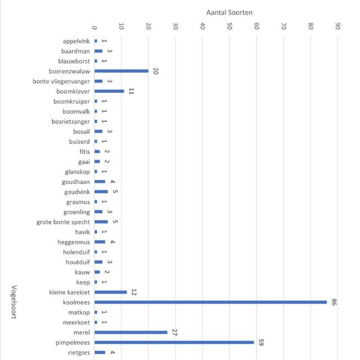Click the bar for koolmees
click(210, 302)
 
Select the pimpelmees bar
click(174, 342)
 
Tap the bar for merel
click(130, 332)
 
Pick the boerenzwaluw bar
click(121, 71)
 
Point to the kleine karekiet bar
click(110, 292)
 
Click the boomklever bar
click(109, 91)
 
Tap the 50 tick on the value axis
click(229, 26)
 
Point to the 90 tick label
click(337, 26)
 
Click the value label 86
click(334, 302)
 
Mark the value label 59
click(261, 342)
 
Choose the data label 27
click(174, 332)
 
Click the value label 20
click(155, 71)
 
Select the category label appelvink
click(76, 41)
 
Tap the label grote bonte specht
click(63, 222)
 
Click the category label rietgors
click(79, 352)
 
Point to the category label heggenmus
click(75, 242)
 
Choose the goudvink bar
click(101, 192)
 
